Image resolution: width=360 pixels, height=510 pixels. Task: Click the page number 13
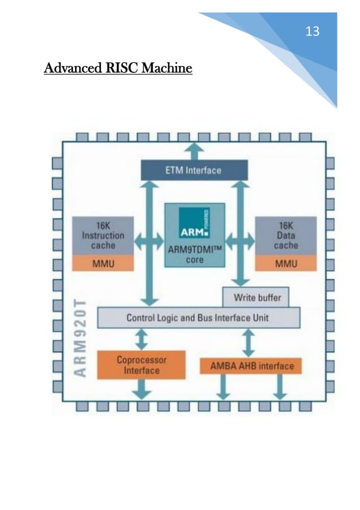[x=312, y=32]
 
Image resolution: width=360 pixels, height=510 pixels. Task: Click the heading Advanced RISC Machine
[x=118, y=69]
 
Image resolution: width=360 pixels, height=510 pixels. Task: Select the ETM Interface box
[x=194, y=169]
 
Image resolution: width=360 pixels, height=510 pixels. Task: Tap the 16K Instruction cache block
[x=103, y=236]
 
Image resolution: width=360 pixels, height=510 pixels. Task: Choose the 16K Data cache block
[x=286, y=236]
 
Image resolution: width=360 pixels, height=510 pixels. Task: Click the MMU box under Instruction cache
[x=103, y=263]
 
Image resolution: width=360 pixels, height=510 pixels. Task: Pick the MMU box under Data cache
[x=286, y=263]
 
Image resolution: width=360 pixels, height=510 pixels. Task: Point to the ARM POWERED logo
[x=194, y=223]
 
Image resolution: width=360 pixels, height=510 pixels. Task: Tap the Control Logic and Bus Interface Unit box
[x=198, y=317]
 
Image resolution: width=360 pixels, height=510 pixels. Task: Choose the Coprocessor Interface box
[x=141, y=365]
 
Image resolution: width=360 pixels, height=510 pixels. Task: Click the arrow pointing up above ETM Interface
[x=195, y=150]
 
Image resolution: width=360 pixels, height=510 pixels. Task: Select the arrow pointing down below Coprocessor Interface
[x=141, y=389]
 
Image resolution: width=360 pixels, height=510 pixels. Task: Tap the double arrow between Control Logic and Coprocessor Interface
[x=141, y=339]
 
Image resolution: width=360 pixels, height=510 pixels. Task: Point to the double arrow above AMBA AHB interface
[x=247, y=342]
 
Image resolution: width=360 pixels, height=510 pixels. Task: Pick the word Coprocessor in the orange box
[x=142, y=360]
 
